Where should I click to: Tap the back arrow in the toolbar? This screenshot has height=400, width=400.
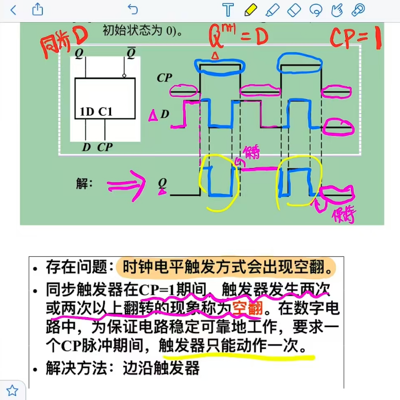point(13,9)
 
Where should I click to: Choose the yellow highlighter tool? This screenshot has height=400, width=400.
point(251,9)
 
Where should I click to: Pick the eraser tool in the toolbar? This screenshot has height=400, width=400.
point(293,9)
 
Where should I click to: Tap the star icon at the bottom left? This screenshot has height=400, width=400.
point(11,390)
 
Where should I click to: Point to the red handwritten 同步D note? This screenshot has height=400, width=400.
point(64,41)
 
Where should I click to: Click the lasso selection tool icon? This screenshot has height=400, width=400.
point(315,9)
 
